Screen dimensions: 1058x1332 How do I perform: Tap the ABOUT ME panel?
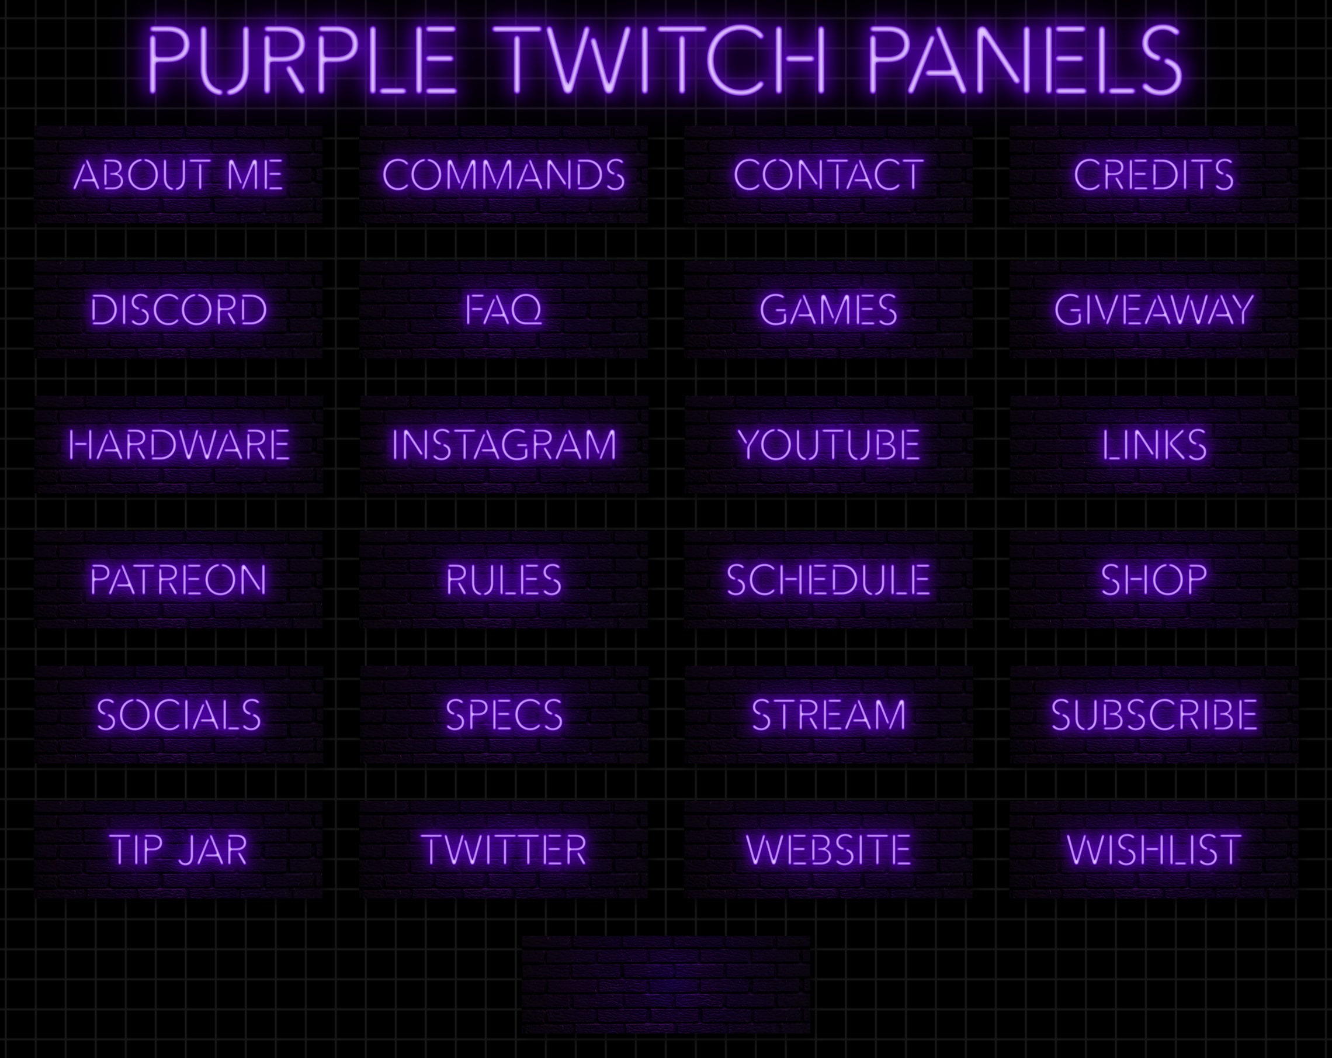pyautogui.click(x=179, y=175)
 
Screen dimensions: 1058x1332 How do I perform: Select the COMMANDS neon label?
pyautogui.click(x=504, y=175)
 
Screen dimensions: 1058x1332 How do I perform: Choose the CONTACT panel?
pyautogui.click(x=828, y=175)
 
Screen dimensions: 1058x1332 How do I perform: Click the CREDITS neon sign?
pyautogui.click(x=1153, y=175)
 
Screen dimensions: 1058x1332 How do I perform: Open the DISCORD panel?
pyautogui.click(x=179, y=310)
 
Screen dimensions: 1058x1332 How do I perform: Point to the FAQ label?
pyautogui.click(x=504, y=310)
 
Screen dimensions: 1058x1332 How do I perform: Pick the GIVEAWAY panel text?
pyautogui.click(x=1153, y=310)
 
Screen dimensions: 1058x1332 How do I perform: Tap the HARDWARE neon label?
pyautogui.click(x=179, y=445)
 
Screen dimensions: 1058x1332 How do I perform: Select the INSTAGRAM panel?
pyautogui.click(x=504, y=445)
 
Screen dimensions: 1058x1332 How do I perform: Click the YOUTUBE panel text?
pyautogui.click(x=828, y=445)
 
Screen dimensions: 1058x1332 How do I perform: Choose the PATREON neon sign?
pyautogui.click(x=179, y=580)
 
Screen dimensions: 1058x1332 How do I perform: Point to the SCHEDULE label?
pyautogui.click(x=828, y=580)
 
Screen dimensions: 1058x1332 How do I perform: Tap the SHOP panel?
pyautogui.click(x=1153, y=580)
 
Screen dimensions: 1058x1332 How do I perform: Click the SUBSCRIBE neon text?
pyautogui.click(x=1153, y=715)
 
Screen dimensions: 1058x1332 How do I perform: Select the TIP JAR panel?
pyautogui.click(x=179, y=850)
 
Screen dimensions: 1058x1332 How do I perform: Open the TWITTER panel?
pyautogui.click(x=504, y=850)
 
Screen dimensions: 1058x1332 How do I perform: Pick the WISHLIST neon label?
pyautogui.click(x=1153, y=850)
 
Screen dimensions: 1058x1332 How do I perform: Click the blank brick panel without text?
pyautogui.click(x=666, y=984)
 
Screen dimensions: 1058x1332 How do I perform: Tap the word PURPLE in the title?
pyautogui.click(x=301, y=60)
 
